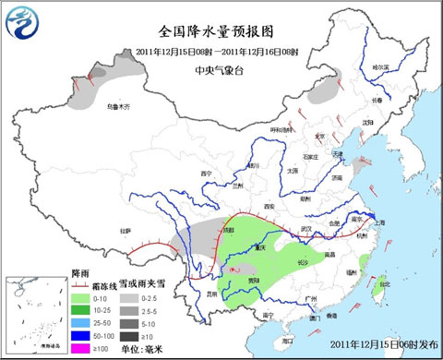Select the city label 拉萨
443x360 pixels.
(x=126, y=231)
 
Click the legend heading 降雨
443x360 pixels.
(x=80, y=274)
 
